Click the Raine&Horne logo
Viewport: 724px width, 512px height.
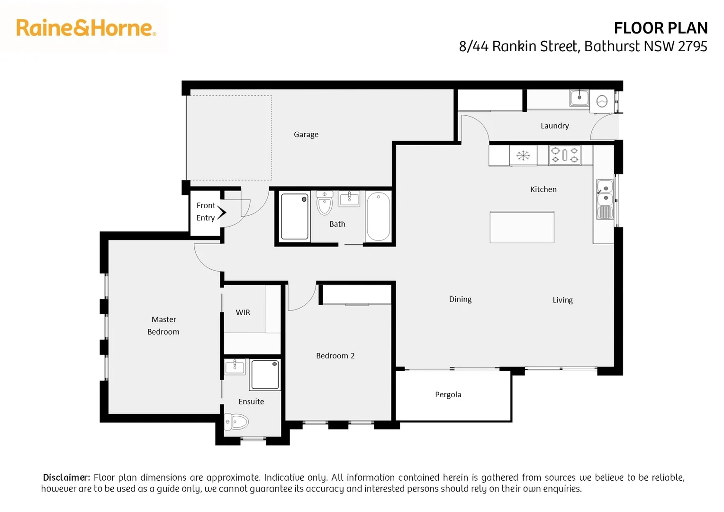[x=86, y=28]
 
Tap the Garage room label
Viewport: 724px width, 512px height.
[x=306, y=135]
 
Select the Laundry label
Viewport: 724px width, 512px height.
[x=554, y=126]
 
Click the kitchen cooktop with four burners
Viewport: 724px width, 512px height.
[x=565, y=155]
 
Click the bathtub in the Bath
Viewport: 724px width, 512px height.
[x=378, y=217]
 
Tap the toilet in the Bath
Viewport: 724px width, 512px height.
[x=325, y=204]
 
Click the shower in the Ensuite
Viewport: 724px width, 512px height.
[x=265, y=375]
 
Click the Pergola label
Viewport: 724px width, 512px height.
[x=448, y=394]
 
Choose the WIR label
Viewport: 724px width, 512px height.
[x=243, y=312]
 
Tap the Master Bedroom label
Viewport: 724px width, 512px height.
[x=163, y=326]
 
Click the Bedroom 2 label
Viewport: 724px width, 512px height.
[x=335, y=356]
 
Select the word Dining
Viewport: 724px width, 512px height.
[x=460, y=299]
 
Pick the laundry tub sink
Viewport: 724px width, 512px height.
[x=579, y=98]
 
